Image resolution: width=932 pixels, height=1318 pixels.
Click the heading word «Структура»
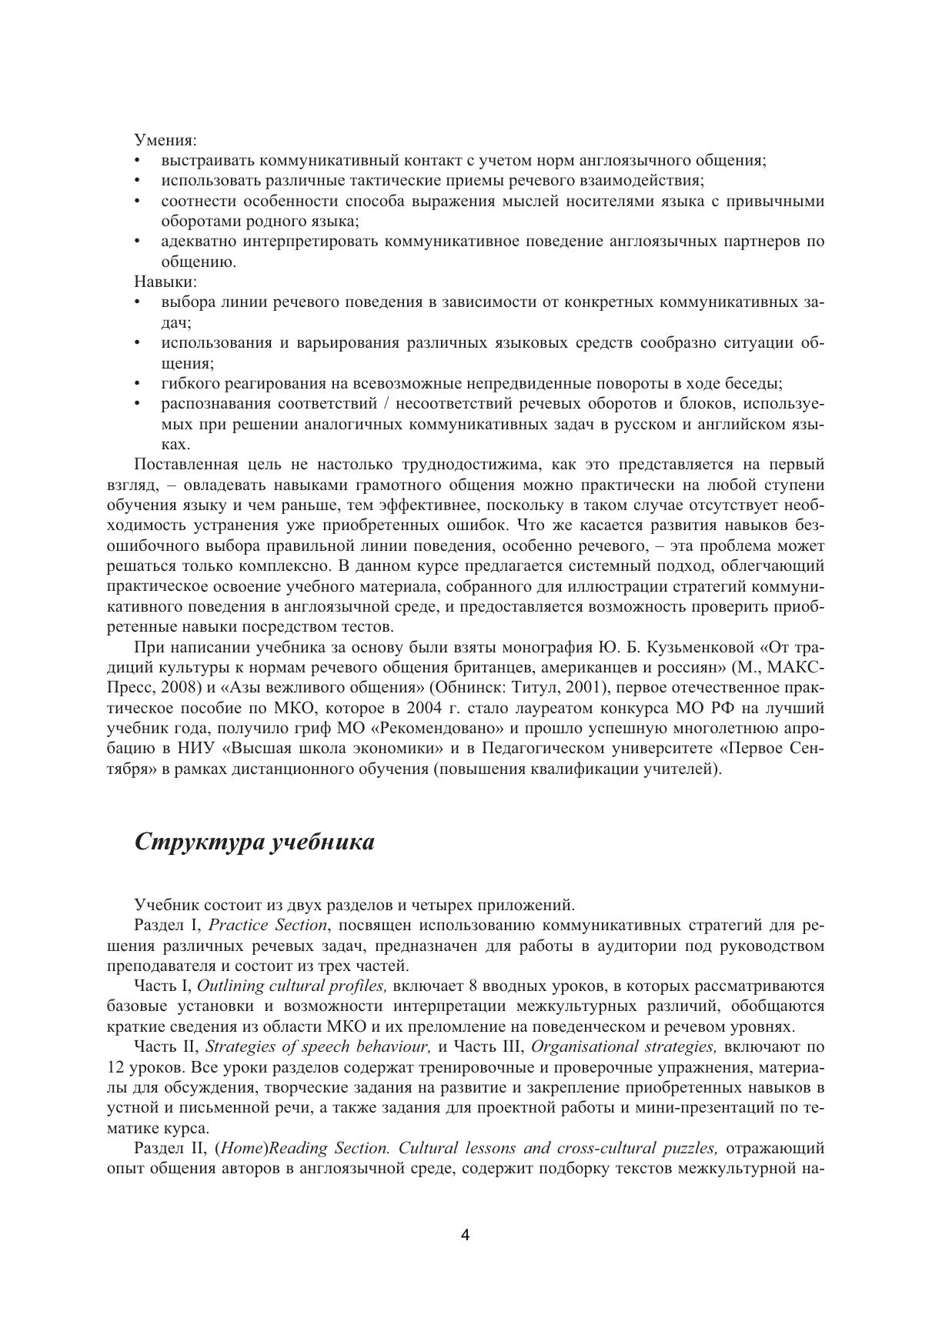point(199,842)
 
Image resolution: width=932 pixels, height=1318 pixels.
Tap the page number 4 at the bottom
point(465,1235)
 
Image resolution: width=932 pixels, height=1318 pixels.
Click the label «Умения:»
point(165,140)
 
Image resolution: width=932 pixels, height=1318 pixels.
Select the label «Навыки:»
point(165,282)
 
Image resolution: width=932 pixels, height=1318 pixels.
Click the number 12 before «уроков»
point(116,1067)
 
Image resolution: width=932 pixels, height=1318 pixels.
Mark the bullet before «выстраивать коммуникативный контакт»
point(137,161)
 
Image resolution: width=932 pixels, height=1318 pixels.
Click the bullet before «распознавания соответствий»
point(137,403)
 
